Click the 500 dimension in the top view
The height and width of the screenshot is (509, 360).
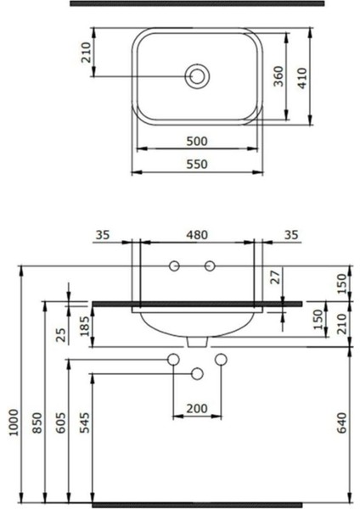point(197,142)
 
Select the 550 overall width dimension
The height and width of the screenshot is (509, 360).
point(197,165)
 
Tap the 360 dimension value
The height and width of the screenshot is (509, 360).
point(278,76)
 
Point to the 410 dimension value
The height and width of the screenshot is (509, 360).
point(302,78)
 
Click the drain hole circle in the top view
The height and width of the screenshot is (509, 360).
point(197,76)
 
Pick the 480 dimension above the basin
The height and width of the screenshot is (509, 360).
point(197,235)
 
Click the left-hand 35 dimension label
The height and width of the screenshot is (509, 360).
point(103,235)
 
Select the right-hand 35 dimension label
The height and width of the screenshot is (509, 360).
point(290,235)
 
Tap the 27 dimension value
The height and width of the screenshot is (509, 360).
point(276,277)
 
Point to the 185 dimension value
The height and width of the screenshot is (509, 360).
point(84,326)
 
